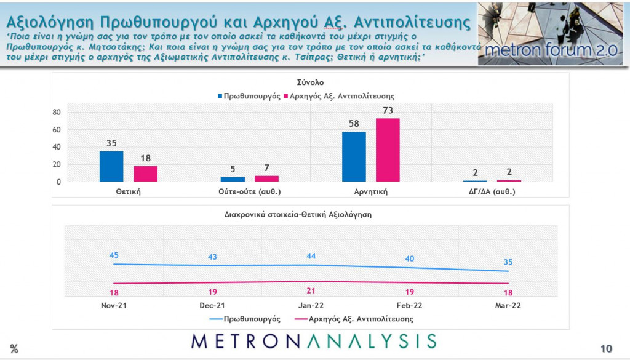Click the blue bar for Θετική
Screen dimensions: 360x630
tap(111, 166)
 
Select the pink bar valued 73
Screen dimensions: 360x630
tap(388, 150)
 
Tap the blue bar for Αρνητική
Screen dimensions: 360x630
tap(354, 156)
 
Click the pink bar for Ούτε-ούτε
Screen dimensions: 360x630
tap(266, 178)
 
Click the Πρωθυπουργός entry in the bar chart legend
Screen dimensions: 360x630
tap(249, 96)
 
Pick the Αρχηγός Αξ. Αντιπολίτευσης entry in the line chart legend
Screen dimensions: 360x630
tap(353, 319)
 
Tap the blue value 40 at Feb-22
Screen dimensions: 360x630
tap(409, 258)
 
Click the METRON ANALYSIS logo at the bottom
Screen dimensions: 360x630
tap(314, 342)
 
